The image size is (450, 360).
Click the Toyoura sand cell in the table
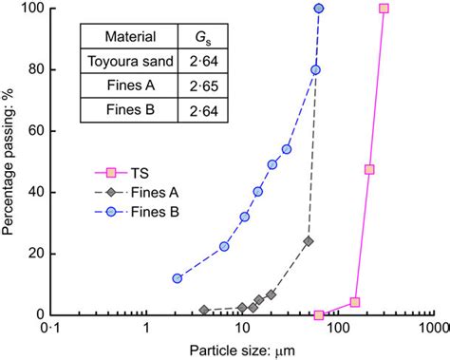123,64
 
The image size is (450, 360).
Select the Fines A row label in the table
123,87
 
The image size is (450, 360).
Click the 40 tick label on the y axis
35,192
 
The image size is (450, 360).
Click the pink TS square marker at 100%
384,9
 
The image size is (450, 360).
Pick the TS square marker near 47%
369,170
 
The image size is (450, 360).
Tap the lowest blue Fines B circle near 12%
177,278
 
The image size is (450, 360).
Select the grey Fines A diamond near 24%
308,241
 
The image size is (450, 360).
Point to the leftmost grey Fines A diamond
204,310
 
